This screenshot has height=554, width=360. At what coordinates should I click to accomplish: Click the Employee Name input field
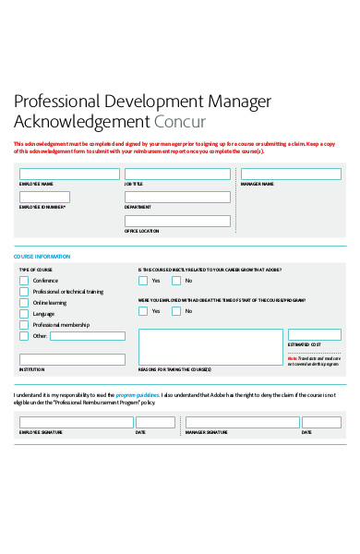[x=69, y=174]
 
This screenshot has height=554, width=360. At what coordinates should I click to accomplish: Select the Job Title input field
[x=177, y=174]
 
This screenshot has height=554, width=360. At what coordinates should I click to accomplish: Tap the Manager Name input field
[x=290, y=174]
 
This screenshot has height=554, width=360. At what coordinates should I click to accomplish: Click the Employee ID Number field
[x=69, y=197]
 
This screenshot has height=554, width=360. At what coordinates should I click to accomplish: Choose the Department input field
[x=177, y=197]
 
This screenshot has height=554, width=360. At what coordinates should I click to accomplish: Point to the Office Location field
[x=177, y=220]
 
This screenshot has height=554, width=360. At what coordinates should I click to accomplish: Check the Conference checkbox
[x=24, y=280]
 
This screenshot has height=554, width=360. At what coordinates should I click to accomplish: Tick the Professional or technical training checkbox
[x=24, y=291]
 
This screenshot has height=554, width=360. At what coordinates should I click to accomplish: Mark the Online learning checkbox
[x=24, y=302]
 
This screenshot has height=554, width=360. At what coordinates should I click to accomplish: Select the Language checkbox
[x=24, y=314]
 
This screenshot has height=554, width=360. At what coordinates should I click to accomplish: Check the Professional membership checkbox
[x=24, y=325]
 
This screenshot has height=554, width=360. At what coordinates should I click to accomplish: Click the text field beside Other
[x=88, y=336]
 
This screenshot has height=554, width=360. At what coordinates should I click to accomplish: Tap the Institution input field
[x=72, y=359]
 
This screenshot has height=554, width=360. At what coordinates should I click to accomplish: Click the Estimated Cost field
[x=314, y=334]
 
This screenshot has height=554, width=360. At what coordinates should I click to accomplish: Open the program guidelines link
[x=137, y=395]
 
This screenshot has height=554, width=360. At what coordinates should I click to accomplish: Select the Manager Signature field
[x=242, y=422]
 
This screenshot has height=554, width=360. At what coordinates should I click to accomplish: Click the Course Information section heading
[x=42, y=256]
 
